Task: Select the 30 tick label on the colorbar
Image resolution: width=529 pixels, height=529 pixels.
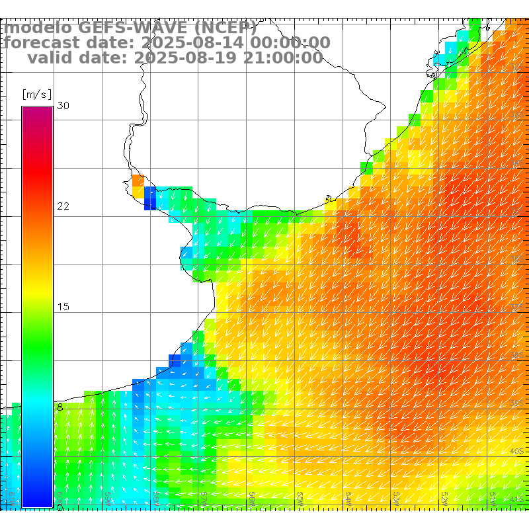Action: coord(63,106)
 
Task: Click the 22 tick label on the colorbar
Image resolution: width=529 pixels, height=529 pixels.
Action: coord(63,206)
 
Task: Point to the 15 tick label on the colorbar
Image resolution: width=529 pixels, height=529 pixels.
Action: coord(63,307)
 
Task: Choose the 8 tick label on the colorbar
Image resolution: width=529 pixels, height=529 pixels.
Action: coord(60,407)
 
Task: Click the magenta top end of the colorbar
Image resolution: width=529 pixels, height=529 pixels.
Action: coord(37,111)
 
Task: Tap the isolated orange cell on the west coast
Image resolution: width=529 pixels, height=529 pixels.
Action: coord(138,180)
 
